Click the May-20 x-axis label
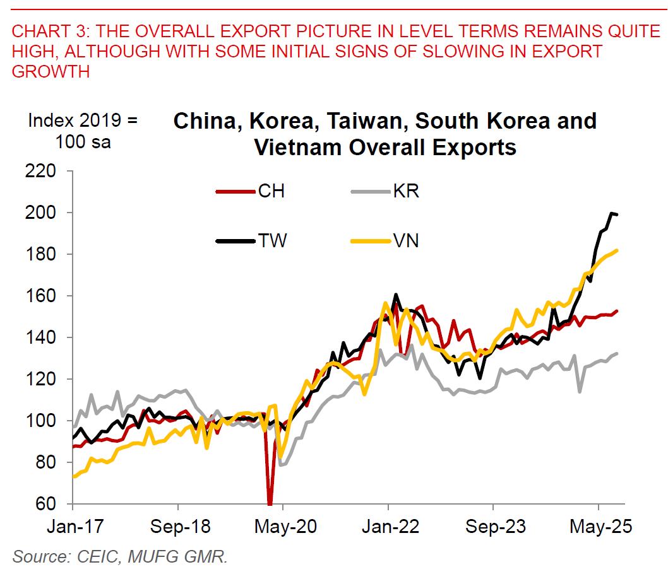click(x=283, y=526)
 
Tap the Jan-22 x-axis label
click(x=388, y=526)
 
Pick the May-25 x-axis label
click(x=597, y=526)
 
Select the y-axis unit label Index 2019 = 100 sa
click(x=82, y=131)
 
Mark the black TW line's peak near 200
click(x=611, y=213)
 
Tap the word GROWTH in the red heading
click(x=51, y=71)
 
